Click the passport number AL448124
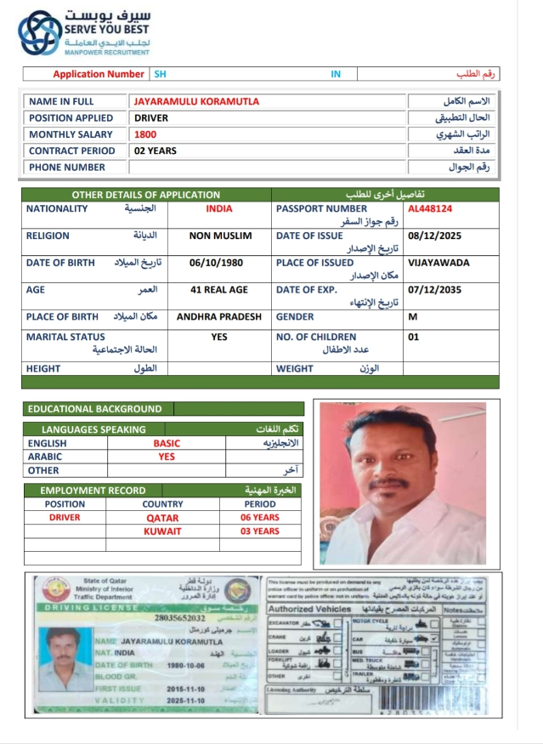[430, 208]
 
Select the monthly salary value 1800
[145, 134]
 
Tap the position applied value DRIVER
[151, 118]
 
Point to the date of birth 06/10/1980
[218, 263]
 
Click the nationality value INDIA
[218, 208]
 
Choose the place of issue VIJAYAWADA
[438, 263]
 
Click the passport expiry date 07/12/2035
[434, 290]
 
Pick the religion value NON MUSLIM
[219, 236]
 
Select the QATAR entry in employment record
[162, 517]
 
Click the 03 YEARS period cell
[259, 531]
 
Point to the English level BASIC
[167, 443]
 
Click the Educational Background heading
[94, 409]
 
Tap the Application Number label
[99, 74]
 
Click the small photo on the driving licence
[65, 658]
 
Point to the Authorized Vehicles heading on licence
[308, 609]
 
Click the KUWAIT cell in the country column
[162, 531]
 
